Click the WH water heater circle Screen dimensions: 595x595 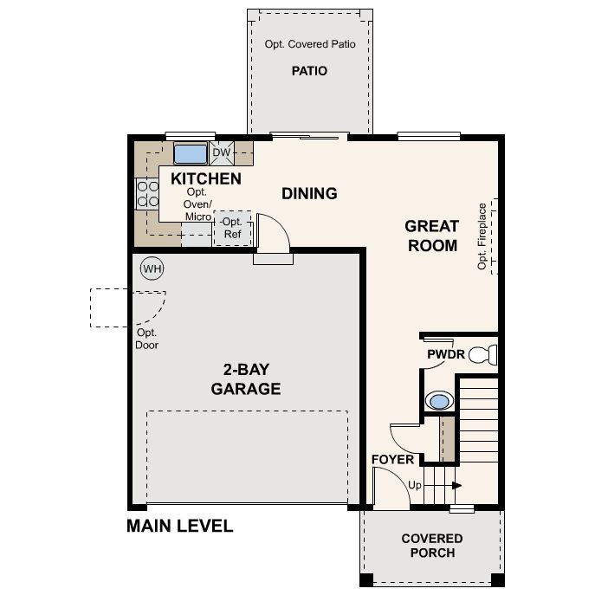(x=152, y=268)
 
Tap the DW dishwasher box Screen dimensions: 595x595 (x=222, y=152)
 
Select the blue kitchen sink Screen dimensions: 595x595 (x=191, y=153)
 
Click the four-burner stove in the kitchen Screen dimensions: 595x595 (x=147, y=193)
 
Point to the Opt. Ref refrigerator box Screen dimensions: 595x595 (x=232, y=228)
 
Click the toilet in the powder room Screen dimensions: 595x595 (x=483, y=355)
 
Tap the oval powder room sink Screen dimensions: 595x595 (x=439, y=401)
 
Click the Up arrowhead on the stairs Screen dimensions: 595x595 (x=457, y=485)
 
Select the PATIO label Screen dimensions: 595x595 (x=309, y=71)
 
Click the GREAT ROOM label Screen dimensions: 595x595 (x=432, y=236)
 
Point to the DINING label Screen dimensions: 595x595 (x=309, y=193)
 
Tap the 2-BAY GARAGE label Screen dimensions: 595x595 (x=246, y=379)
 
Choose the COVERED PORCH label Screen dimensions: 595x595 (x=432, y=546)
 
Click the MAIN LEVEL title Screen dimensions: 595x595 (x=180, y=526)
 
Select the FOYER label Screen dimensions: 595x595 (x=392, y=460)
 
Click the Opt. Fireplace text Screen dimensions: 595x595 (x=482, y=236)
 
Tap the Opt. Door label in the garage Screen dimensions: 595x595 (x=147, y=339)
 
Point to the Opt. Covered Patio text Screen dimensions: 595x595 (x=310, y=44)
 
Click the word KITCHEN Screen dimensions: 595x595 (x=206, y=178)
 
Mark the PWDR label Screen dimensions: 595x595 (x=446, y=354)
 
